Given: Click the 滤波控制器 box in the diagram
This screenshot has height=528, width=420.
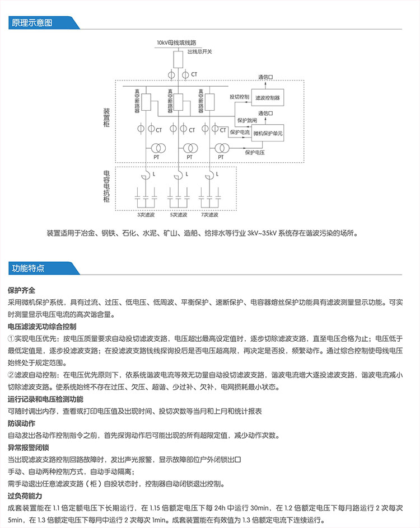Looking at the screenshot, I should pos(267,97).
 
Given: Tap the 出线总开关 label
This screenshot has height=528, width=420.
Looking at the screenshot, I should pos(200,52).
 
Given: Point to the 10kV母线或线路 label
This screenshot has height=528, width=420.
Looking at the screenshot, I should pos(175,43).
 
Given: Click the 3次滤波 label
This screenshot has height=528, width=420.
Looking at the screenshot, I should pos(146,215).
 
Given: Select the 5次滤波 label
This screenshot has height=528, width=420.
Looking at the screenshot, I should pos(178,215).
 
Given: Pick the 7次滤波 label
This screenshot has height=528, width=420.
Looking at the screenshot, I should pos(210,215).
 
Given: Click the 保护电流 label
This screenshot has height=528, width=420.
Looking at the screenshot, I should pos(240,133).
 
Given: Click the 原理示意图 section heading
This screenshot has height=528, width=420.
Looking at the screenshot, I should pos(32,23).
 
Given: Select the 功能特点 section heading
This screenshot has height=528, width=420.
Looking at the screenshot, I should pos(29,268).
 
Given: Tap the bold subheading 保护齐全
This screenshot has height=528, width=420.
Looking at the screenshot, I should pos(21,290).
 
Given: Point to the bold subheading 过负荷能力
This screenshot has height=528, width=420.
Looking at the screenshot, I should pos(25,496).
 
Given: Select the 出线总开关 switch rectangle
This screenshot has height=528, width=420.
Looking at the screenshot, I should pos(178,58).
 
